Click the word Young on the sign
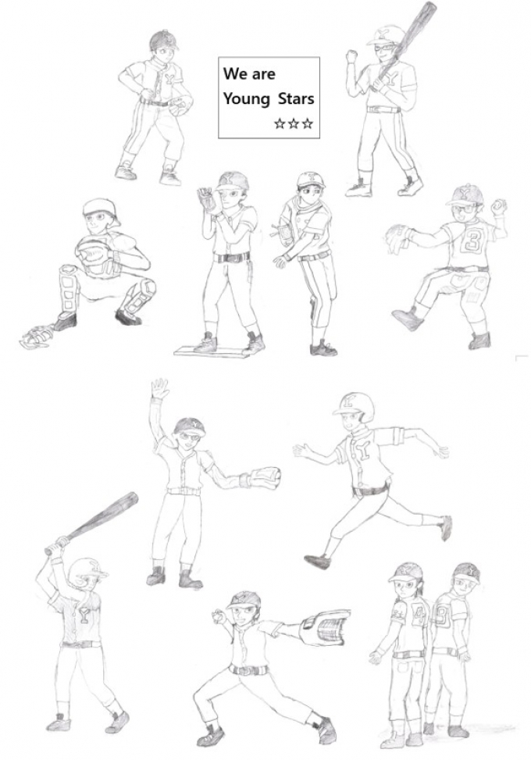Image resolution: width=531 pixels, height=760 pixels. [x=246, y=99]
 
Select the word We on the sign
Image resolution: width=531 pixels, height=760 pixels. [x=236, y=73]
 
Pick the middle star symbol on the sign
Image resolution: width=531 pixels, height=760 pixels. [x=293, y=123]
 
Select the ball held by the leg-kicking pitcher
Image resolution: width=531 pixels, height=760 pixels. [x=498, y=207]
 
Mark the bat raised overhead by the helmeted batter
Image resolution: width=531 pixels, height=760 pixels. [x=92, y=523]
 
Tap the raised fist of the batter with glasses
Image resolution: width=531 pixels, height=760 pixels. [x=351, y=56]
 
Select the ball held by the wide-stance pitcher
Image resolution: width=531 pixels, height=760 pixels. [x=219, y=617]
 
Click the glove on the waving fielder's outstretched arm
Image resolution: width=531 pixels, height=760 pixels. [x=265, y=478]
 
